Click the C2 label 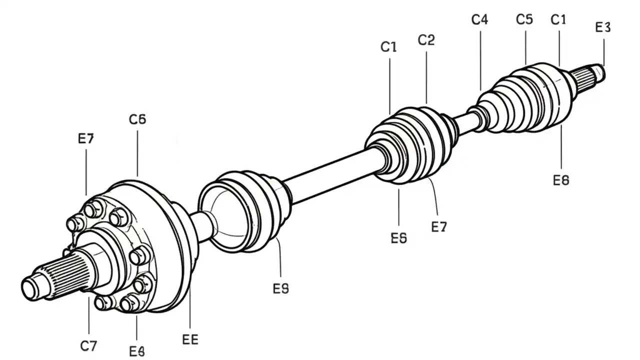426,40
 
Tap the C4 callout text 479,20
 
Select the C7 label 88,345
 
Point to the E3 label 603,27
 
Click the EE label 190,340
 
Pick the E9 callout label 281,288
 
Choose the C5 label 524,19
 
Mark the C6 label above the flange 137,119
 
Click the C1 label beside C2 388,47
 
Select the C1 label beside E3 558,20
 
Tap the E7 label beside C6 86,138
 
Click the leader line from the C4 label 480,60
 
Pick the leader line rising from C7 88,315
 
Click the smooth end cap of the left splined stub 31,288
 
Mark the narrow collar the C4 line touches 480,115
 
